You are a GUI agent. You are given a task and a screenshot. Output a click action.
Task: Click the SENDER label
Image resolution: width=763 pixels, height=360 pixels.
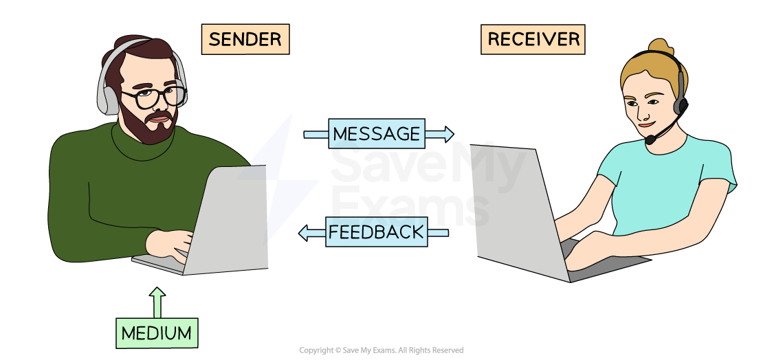pos(245,39)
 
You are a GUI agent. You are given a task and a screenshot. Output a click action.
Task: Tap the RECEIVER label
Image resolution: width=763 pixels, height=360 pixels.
pos(533,39)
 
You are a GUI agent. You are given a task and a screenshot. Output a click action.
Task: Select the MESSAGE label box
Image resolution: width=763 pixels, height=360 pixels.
pos(376,134)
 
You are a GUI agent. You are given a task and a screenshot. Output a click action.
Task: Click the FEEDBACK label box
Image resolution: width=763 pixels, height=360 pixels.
pos(376,232)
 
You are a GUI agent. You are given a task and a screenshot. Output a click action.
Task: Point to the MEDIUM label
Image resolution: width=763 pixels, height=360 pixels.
pos(157,333)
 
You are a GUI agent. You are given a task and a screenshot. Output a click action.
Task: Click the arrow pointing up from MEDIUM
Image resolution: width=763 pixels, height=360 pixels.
pos(157,302)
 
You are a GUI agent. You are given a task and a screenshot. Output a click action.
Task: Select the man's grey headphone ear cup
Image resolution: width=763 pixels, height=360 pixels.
pos(108,96)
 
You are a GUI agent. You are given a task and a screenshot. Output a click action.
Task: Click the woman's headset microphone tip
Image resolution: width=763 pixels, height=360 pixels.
pos(650,139)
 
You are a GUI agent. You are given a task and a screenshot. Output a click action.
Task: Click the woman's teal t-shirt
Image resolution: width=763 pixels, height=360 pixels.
pos(660,185)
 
